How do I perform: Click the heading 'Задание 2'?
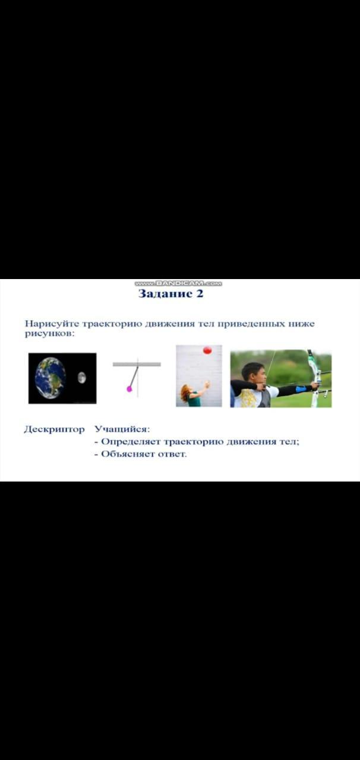[x=171, y=293]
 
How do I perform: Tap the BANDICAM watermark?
[x=178, y=283]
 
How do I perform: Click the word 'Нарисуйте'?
[x=52, y=324]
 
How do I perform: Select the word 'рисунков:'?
[x=49, y=334]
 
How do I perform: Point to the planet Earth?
[x=50, y=378]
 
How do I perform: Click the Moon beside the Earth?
[x=81, y=378]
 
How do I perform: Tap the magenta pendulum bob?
[x=129, y=389]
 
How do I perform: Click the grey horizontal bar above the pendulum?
[x=137, y=365]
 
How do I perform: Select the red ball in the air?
[x=207, y=350]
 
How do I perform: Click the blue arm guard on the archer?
[x=301, y=389]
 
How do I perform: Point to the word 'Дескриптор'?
[x=54, y=429]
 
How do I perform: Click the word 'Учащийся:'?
[x=122, y=429]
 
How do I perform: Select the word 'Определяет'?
[x=131, y=442]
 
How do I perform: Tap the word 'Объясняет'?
[x=128, y=454]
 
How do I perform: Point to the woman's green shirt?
[x=194, y=400]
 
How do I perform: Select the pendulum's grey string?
[x=134, y=376]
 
